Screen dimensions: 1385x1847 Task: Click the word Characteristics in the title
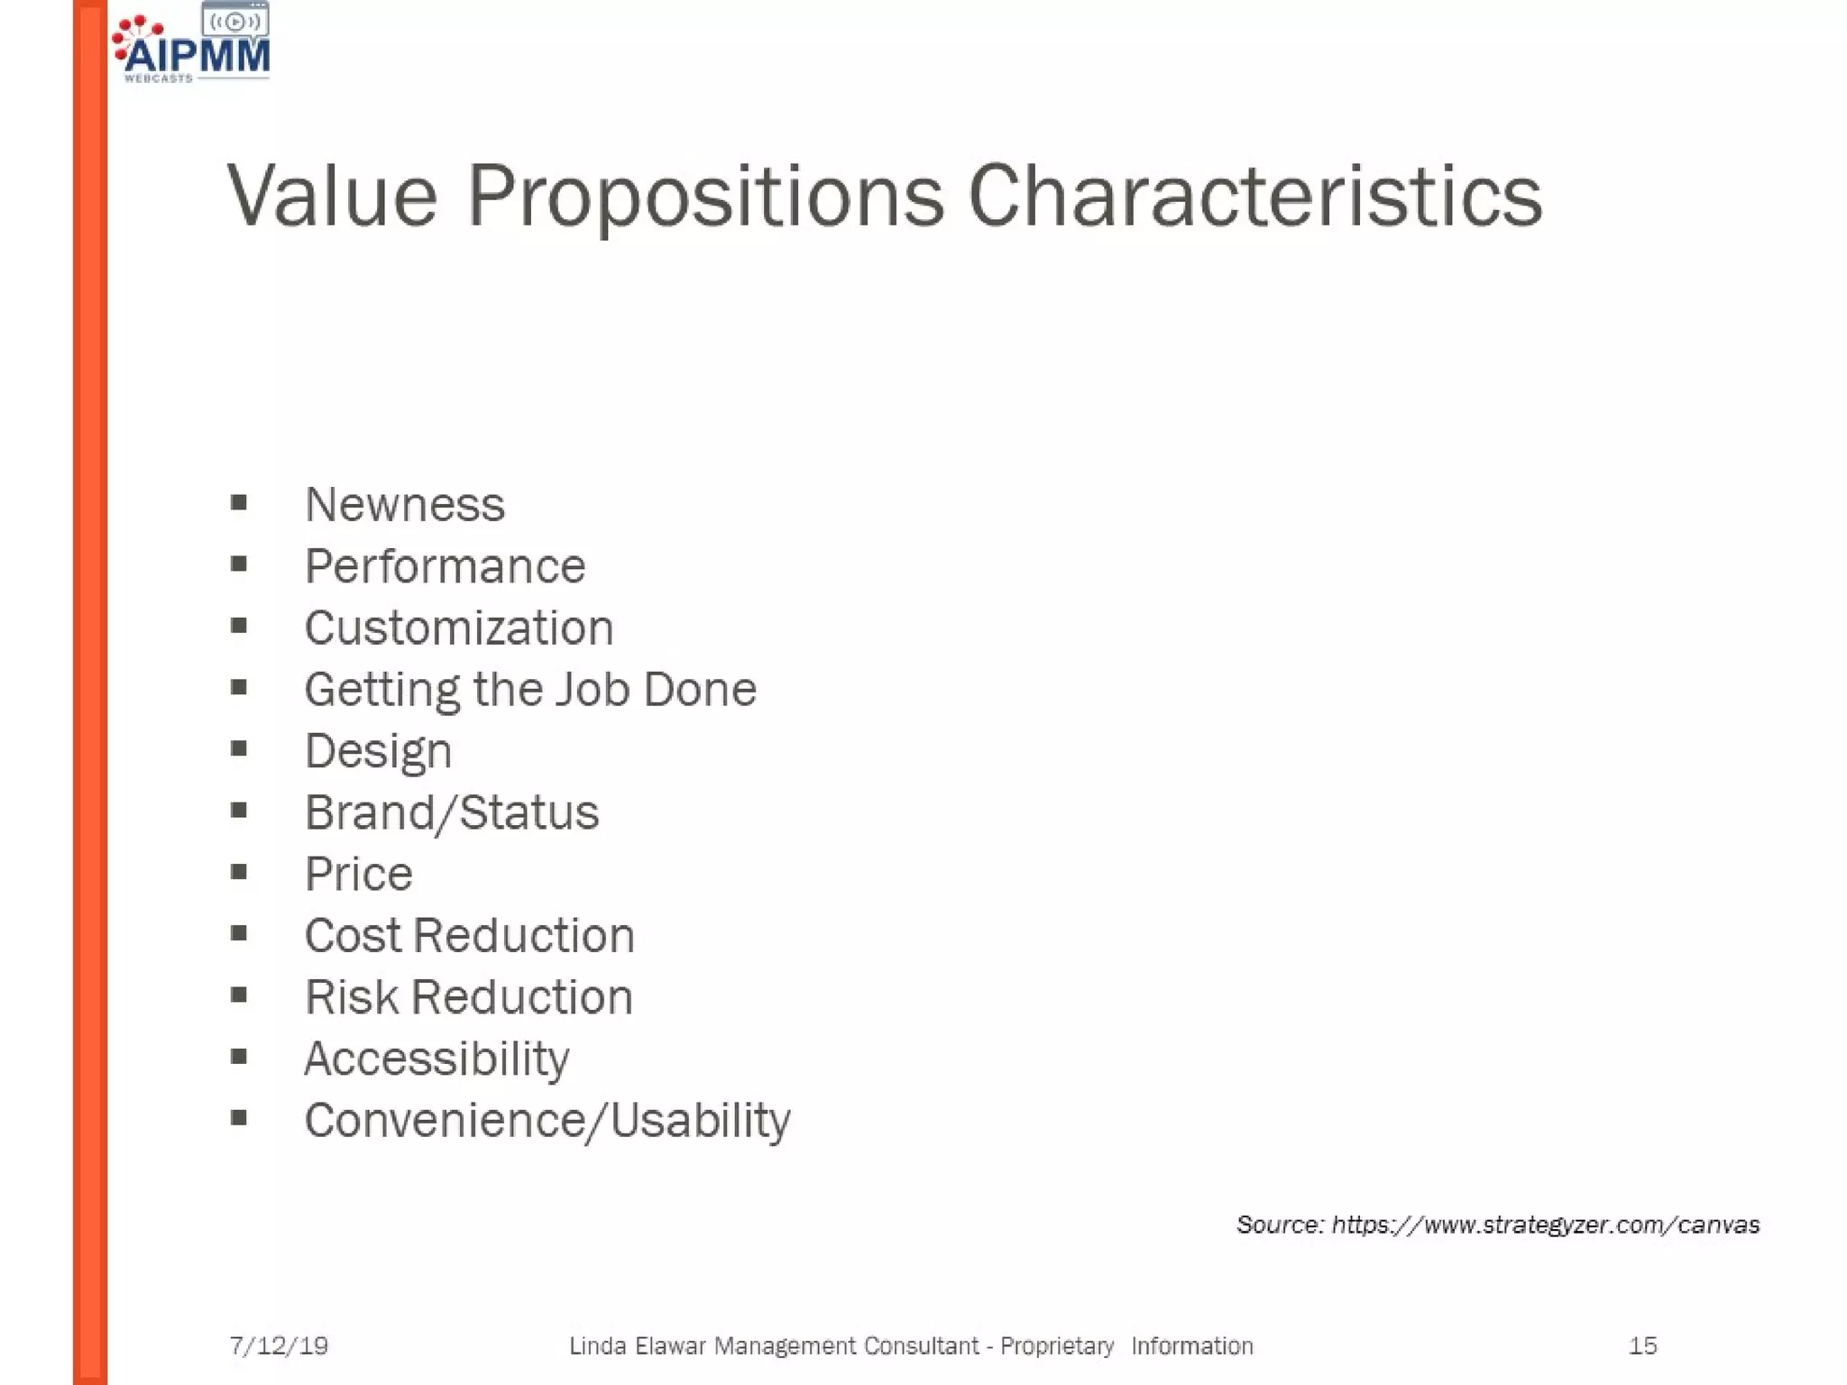(x=1254, y=197)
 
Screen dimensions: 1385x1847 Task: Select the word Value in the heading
(x=332, y=197)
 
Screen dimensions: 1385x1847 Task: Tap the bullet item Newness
(x=405, y=504)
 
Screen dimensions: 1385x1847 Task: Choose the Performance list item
(x=446, y=566)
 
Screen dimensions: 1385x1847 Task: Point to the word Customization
(x=459, y=628)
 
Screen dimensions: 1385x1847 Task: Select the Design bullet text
(x=378, y=751)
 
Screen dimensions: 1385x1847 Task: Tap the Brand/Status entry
(x=452, y=812)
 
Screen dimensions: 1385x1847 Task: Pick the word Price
(x=359, y=874)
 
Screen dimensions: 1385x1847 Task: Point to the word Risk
(x=351, y=997)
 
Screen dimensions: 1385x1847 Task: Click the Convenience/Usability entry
(x=547, y=1121)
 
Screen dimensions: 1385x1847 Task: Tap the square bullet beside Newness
(x=239, y=502)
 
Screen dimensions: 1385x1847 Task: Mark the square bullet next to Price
(x=239, y=872)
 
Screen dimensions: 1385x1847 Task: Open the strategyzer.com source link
(x=1545, y=1224)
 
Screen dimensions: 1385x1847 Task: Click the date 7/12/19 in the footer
(x=279, y=1346)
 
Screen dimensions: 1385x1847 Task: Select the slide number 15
(x=1642, y=1346)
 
